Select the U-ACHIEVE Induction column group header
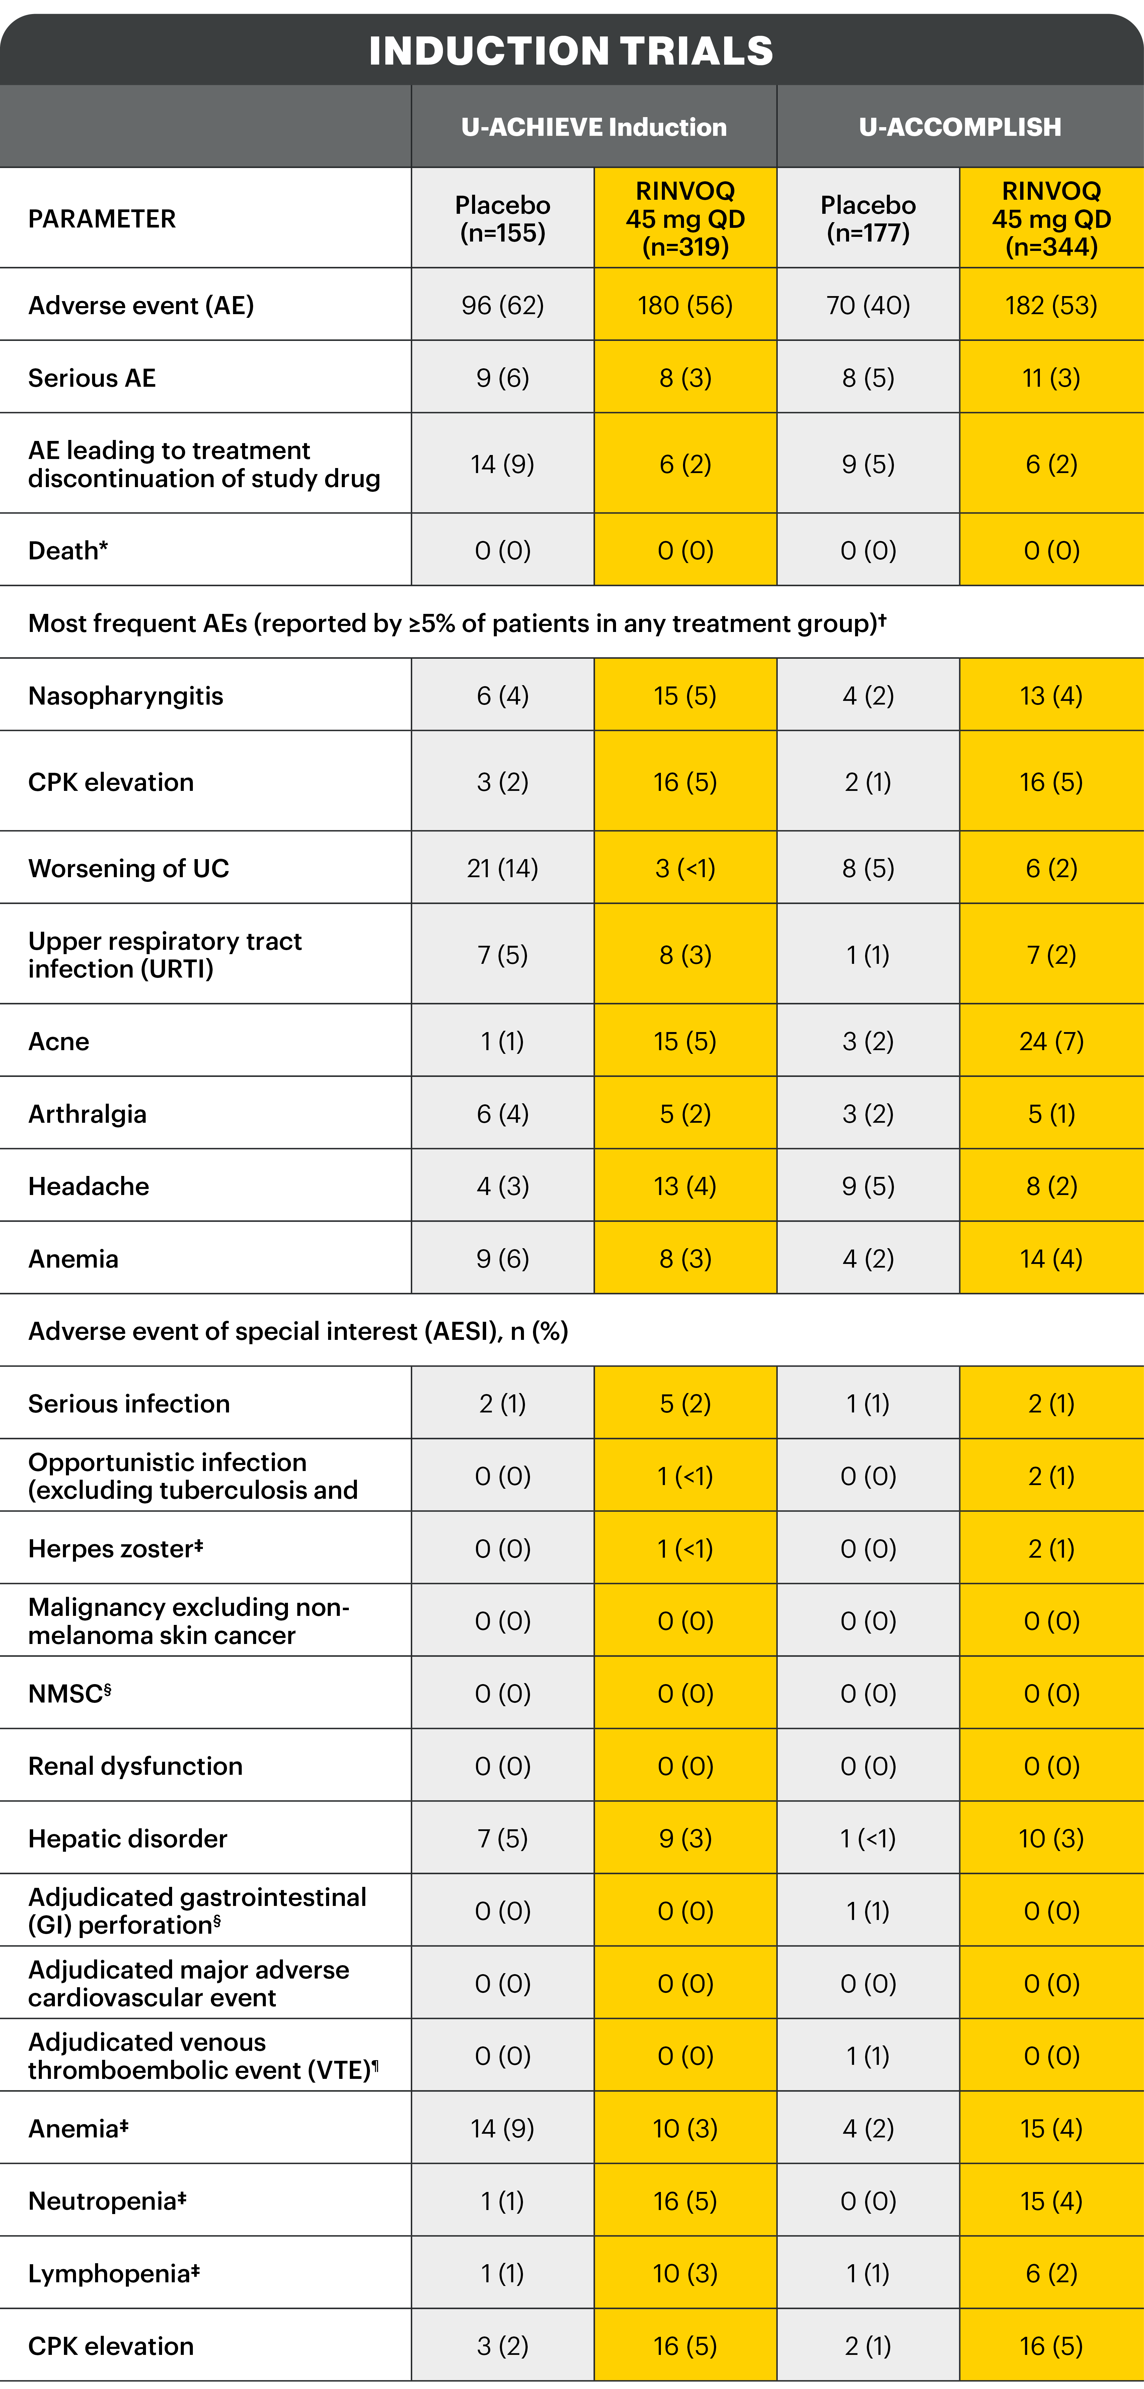(594, 127)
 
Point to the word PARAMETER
(102, 219)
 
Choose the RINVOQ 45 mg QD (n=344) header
(1051, 219)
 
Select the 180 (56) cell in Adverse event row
(685, 305)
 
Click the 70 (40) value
(867, 305)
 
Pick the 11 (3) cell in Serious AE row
(1051, 377)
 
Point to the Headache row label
(88, 1186)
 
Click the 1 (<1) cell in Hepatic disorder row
(867, 1838)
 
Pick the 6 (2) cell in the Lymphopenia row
(1051, 2273)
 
